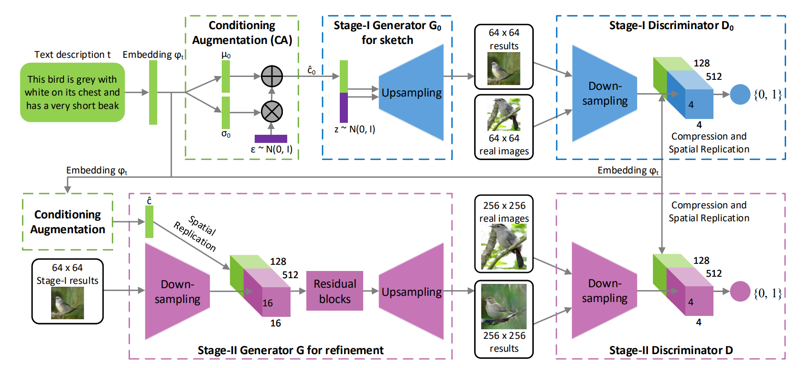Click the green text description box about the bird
(x=72, y=92)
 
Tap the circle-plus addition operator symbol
(x=272, y=76)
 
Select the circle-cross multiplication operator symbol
(x=272, y=112)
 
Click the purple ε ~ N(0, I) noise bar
(x=271, y=139)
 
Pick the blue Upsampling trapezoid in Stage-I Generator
(x=411, y=93)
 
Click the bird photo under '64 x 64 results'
(x=504, y=68)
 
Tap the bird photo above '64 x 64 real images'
(x=504, y=115)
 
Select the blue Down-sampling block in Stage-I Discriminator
(x=605, y=94)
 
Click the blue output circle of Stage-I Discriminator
(x=740, y=94)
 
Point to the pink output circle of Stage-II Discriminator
(x=740, y=292)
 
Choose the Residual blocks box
(x=335, y=291)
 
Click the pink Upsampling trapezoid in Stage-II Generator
(x=411, y=292)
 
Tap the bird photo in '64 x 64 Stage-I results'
(x=67, y=303)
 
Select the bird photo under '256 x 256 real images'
(x=504, y=247)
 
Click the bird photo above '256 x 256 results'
(x=504, y=306)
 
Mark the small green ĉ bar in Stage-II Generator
(x=149, y=222)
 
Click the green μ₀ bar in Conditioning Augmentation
(x=226, y=76)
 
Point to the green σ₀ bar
(x=226, y=112)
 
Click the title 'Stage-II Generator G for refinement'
(x=291, y=350)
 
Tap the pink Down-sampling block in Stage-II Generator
(x=177, y=292)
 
